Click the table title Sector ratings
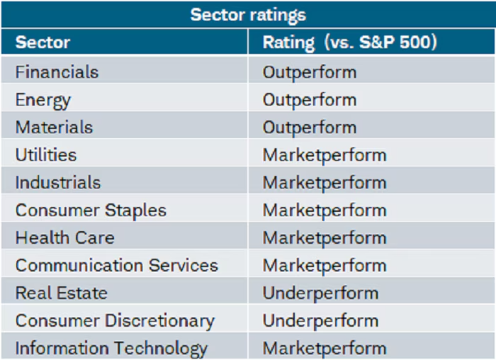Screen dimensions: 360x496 (x=247, y=14)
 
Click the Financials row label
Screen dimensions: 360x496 (x=57, y=72)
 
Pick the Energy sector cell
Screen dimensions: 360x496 (x=43, y=100)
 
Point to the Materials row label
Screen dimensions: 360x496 (x=54, y=128)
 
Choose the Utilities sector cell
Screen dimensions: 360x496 (x=46, y=154)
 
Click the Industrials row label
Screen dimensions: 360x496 (x=58, y=182)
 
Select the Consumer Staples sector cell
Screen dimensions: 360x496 (x=91, y=210)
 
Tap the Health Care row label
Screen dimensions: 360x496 (x=64, y=237)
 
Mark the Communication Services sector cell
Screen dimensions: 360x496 (x=117, y=265)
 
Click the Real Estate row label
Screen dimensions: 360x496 (x=62, y=293)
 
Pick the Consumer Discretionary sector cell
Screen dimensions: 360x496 (x=115, y=320)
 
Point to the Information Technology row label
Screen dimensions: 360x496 (x=111, y=348)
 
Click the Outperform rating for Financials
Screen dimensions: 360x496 (x=310, y=72)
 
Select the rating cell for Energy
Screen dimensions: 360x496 (x=310, y=100)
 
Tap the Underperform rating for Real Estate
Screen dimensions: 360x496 (x=320, y=293)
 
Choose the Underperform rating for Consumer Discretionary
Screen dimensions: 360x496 (x=320, y=320)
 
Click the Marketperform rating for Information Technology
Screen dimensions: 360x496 (x=325, y=348)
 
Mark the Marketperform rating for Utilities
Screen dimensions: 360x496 (x=325, y=154)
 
